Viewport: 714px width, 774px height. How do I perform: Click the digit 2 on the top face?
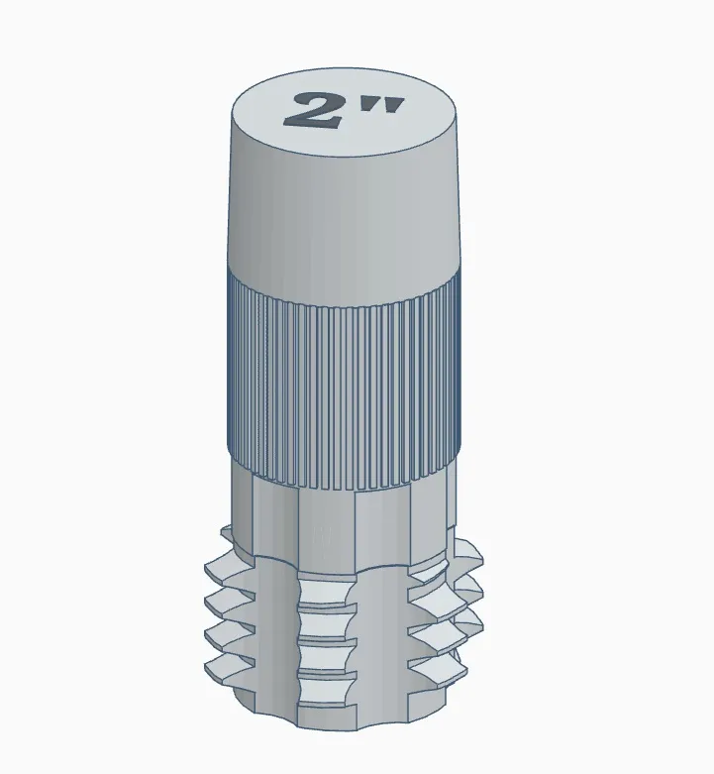click(x=311, y=110)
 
